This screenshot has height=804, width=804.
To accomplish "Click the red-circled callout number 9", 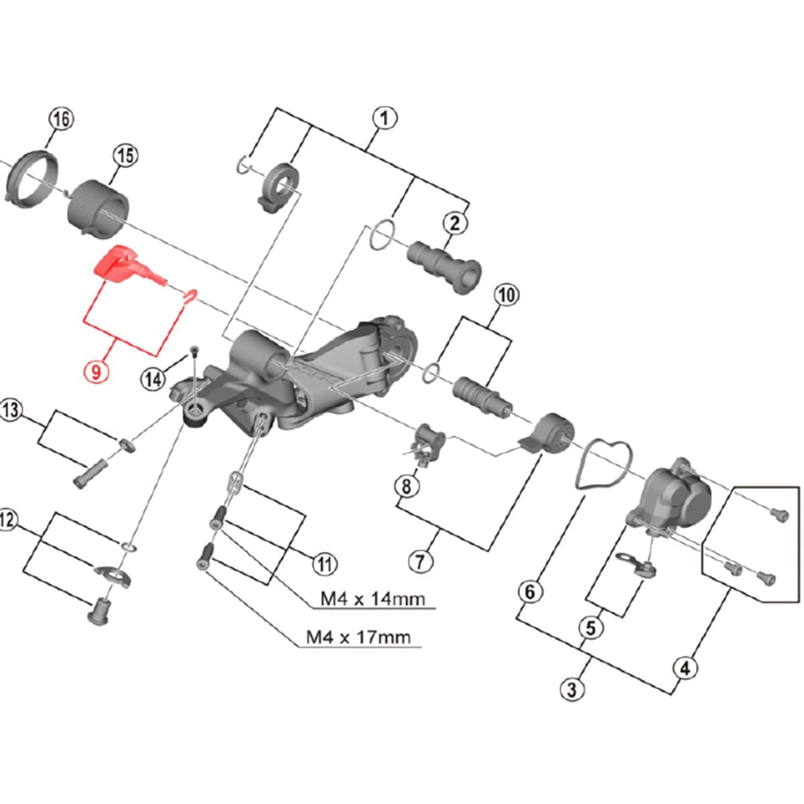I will point(96,371).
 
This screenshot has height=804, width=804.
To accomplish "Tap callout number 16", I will point(60,120).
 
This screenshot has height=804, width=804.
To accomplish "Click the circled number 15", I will point(125,156).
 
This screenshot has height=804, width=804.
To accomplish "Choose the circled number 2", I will point(455,223).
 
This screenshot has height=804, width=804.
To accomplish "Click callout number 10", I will point(507,295).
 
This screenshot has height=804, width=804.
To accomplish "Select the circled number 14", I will point(153,379).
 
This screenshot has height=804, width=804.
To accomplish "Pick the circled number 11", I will point(324,564).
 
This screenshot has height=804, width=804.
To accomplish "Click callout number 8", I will point(407,486).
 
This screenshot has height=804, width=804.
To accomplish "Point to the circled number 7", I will point(421,561).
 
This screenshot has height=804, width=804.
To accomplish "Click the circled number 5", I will point(591,628).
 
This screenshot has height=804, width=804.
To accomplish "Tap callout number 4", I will point(684,668).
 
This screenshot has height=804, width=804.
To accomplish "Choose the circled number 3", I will point(572,688).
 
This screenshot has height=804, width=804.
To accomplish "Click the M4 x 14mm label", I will point(372,598).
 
